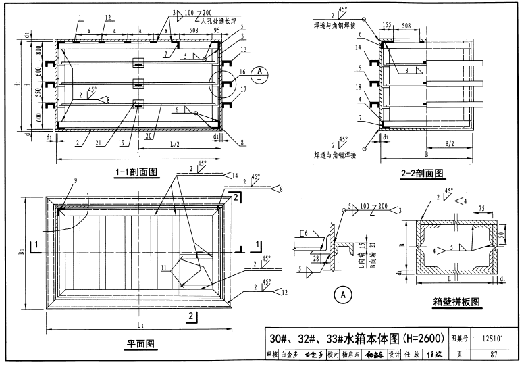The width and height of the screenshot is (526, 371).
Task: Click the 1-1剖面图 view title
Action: pos(135,172)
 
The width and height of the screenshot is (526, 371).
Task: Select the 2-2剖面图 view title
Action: pos(411,172)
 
